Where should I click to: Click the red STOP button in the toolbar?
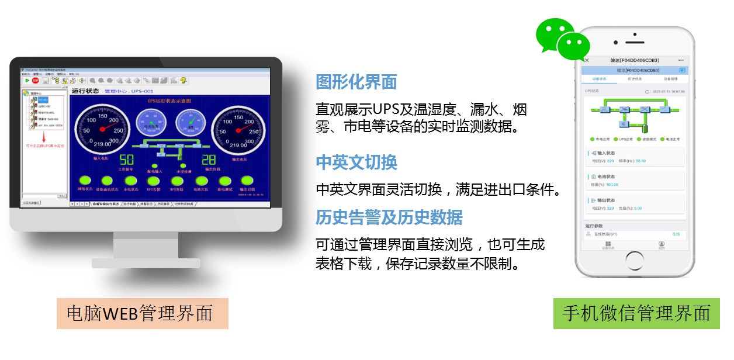pos(35,81)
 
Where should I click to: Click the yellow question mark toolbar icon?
pos(183,81)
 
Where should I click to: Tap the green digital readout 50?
pos(127,161)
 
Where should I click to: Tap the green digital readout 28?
pos(209,161)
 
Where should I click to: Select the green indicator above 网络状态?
pos(85,181)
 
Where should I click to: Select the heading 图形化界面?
pos(356,82)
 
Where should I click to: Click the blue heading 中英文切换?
pos(356,162)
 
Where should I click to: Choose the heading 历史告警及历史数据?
pos(389,217)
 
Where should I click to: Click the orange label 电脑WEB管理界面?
pos(142,313)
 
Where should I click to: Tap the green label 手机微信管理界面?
pos(636,313)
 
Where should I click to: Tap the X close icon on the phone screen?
pos(587,60)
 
